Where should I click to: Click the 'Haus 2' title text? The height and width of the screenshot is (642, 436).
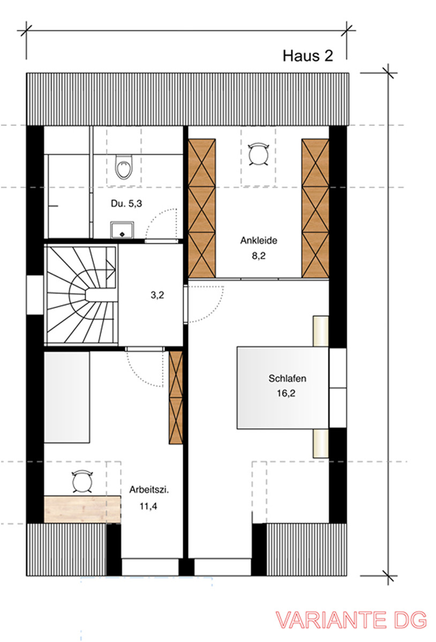pos(307,56)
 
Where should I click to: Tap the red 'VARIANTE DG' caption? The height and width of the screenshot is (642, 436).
pos(351,620)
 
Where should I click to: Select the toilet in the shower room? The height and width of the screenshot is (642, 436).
pos(123,167)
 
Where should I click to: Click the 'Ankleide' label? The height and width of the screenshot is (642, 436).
pos(258,241)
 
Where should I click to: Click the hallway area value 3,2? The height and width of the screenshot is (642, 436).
pos(157,294)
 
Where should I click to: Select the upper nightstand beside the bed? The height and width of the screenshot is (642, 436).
pos(320,332)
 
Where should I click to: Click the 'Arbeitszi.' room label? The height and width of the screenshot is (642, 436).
pos(145,490)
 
